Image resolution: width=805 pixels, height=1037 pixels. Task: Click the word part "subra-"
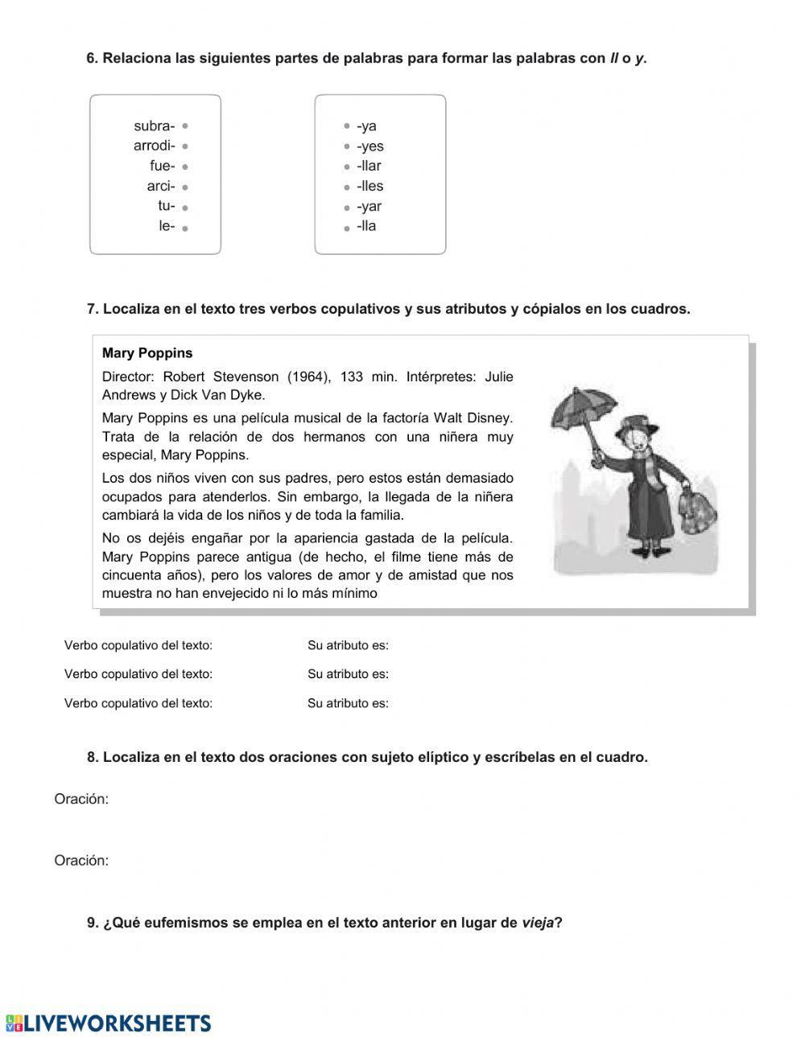(154, 126)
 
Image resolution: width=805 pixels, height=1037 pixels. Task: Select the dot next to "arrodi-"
(185, 146)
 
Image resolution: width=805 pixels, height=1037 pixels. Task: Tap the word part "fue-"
(162, 167)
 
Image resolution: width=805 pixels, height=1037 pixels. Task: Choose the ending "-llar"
(369, 167)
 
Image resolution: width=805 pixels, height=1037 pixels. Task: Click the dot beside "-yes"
(347, 146)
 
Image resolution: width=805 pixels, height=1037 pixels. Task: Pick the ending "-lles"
(369, 187)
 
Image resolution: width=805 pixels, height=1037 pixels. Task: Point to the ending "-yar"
(369, 207)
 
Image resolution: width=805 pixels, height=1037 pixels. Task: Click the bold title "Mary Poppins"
(147, 353)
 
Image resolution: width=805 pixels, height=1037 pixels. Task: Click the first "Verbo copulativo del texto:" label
(138, 645)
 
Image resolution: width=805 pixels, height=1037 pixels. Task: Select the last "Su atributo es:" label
(348, 703)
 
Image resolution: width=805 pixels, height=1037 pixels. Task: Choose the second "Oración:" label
(81, 861)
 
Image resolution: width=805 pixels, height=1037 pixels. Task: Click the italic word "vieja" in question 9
(538, 923)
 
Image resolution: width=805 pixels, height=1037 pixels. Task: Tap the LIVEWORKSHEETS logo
(108, 1023)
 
